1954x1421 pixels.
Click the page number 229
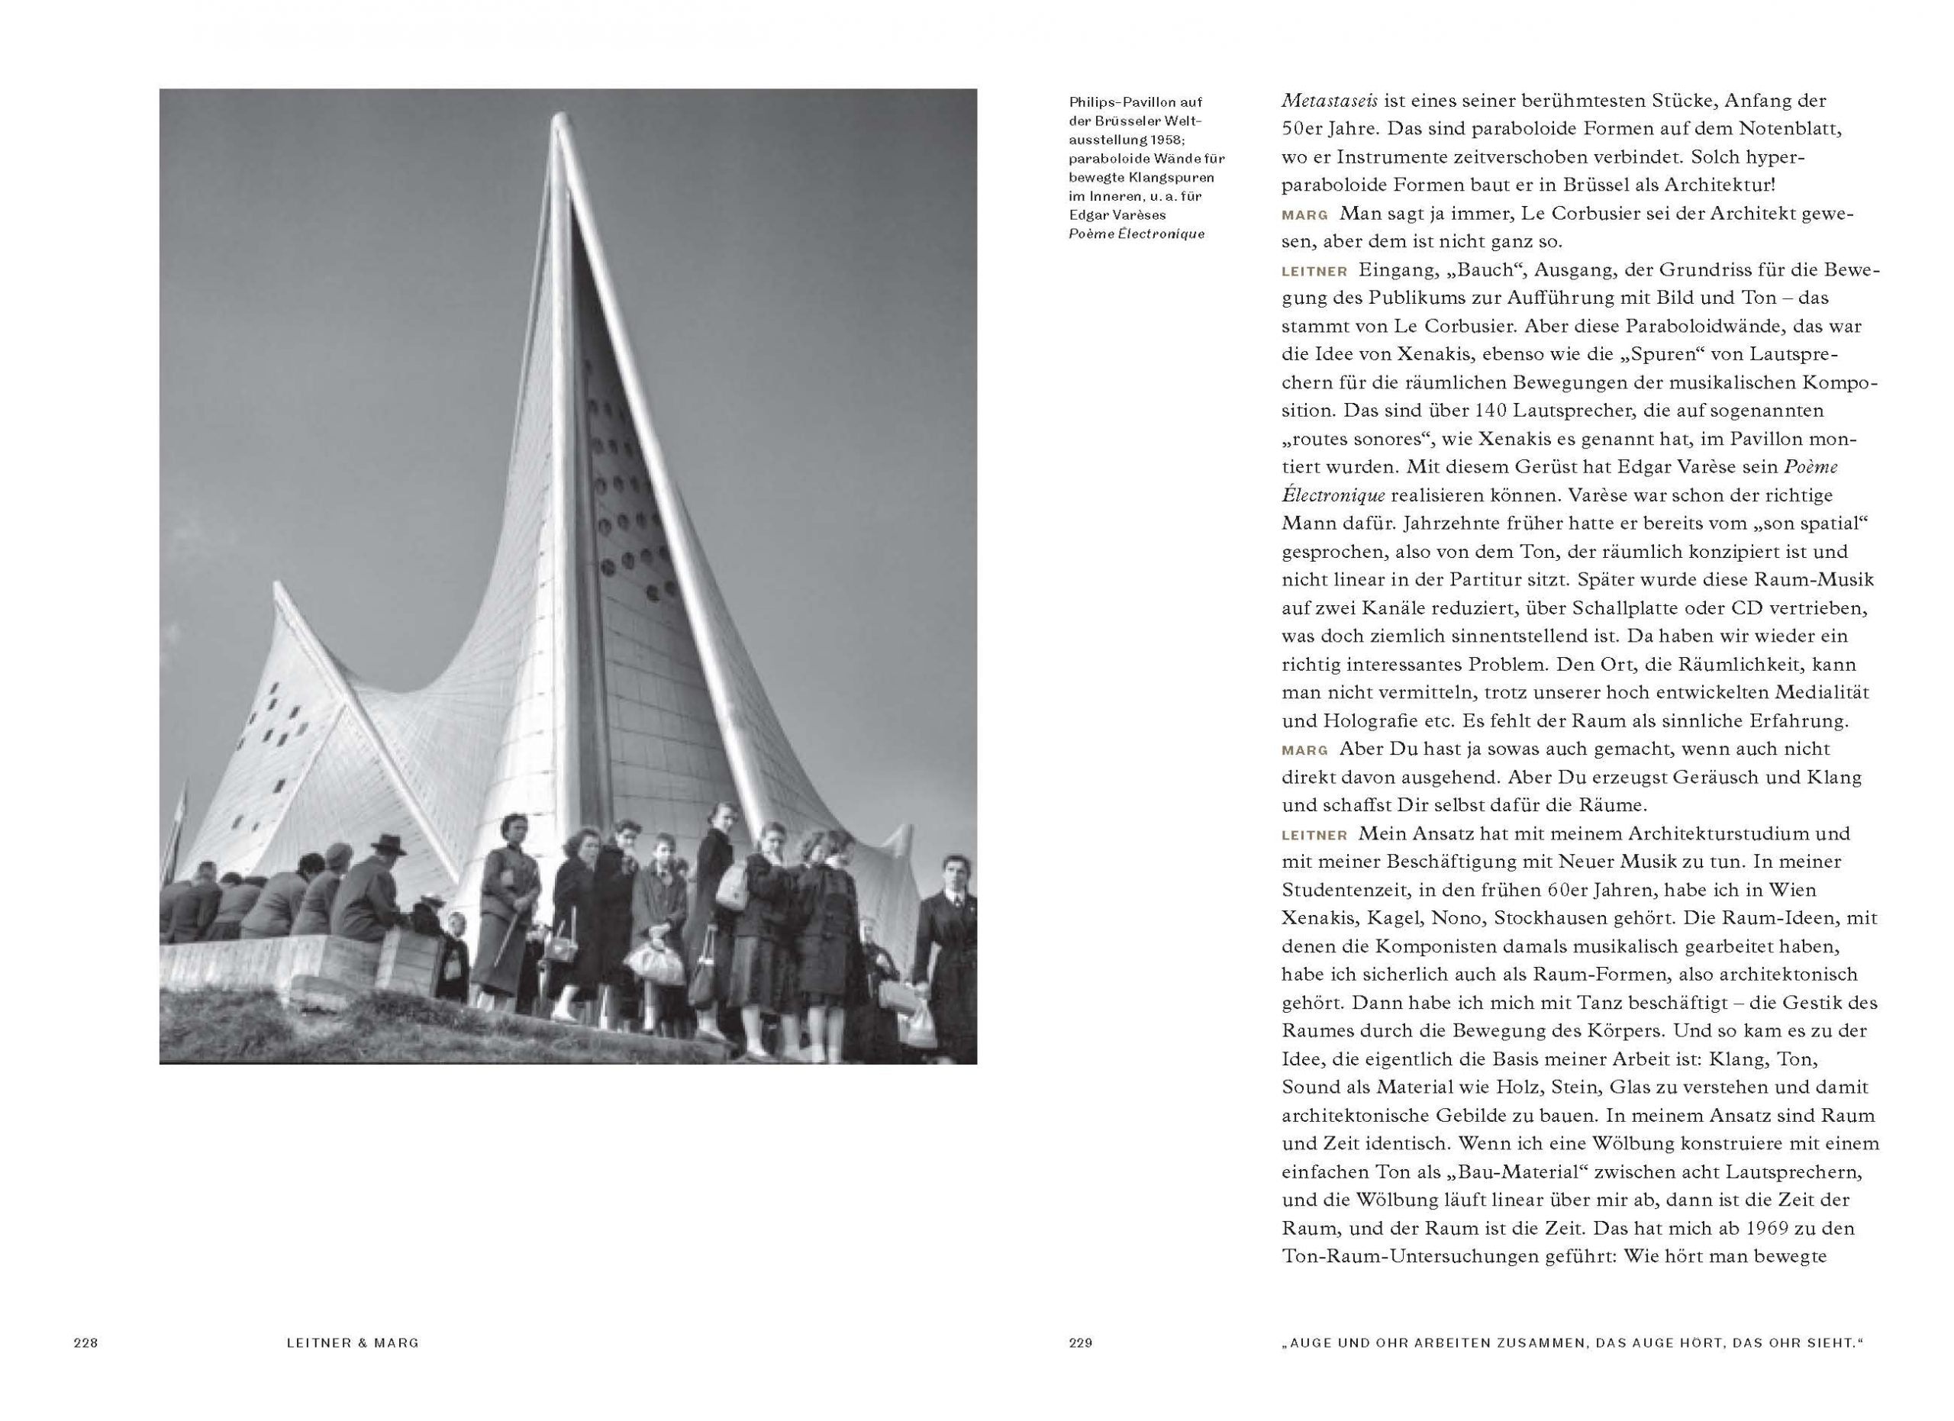[1080, 1342]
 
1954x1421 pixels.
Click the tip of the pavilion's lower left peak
[277, 586]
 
